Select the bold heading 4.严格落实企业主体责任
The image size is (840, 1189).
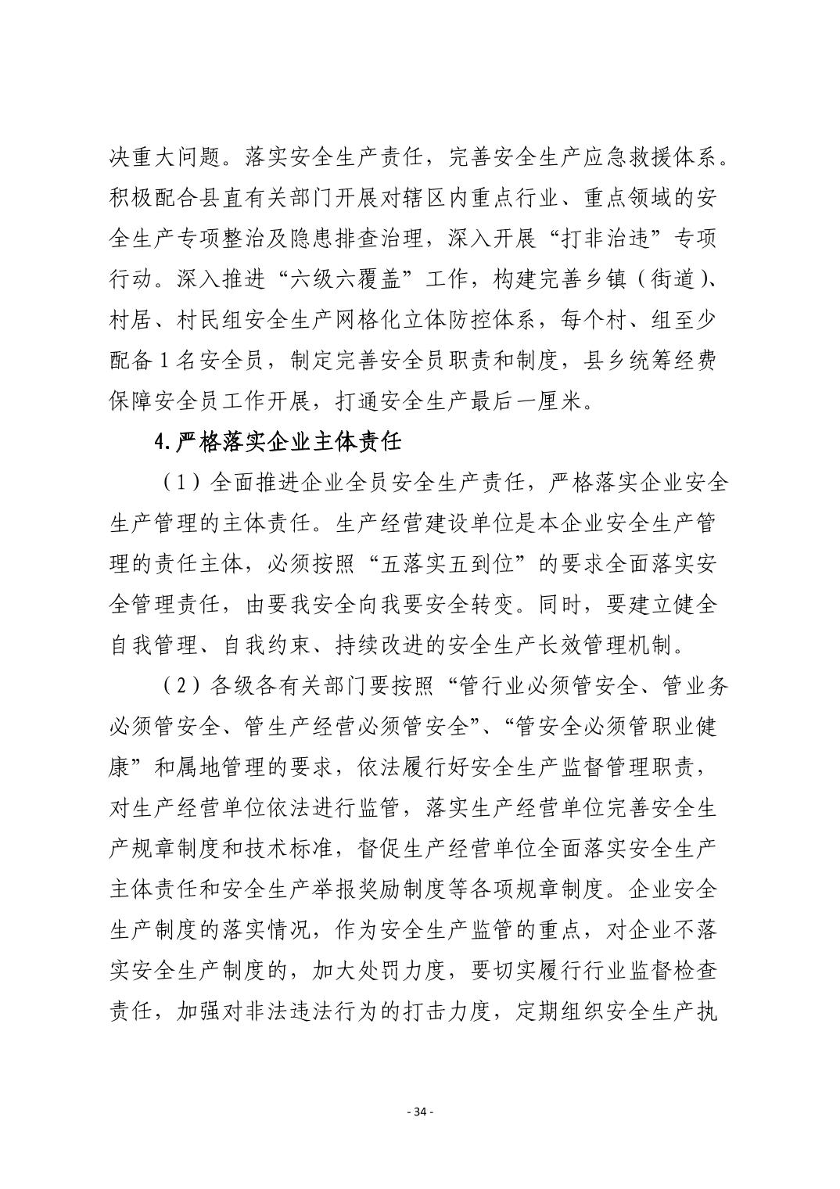[x=278, y=443]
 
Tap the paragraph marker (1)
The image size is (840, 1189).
[x=178, y=483]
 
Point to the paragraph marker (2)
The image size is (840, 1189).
[x=178, y=686]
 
